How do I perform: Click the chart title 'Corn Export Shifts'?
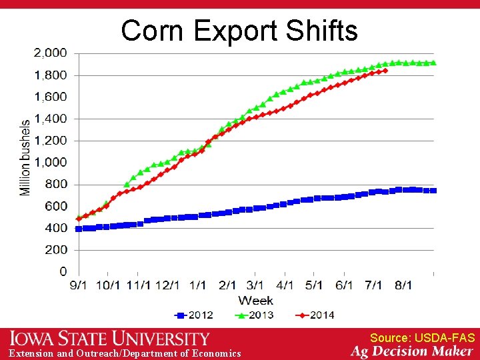tap(239, 30)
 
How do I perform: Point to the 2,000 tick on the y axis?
tap(51, 53)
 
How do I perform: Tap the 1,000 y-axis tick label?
tap(51, 162)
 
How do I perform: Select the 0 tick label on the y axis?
tap(63, 271)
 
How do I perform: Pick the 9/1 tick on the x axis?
tap(79, 285)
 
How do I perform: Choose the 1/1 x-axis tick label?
tap(198, 285)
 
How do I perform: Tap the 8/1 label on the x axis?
tap(403, 285)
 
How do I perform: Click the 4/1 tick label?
tap(285, 285)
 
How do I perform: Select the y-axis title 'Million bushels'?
tap(25, 157)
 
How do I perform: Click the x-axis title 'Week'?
tap(255, 300)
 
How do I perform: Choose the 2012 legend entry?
tap(195, 314)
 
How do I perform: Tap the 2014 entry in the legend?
tap(315, 314)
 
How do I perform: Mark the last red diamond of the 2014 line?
tap(385, 70)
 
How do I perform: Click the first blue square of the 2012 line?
tap(79, 229)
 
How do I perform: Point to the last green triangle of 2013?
tap(433, 63)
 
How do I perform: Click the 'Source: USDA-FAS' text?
tap(422, 338)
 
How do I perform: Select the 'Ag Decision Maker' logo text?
tap(412, 351)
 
